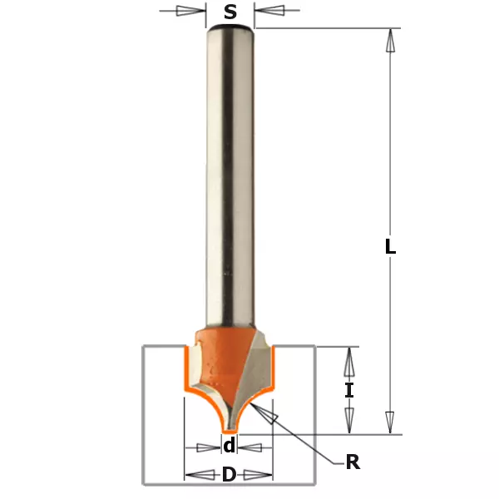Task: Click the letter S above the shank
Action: pos(230,12)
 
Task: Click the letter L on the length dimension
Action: pos(390,246)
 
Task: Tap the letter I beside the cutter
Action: pos(349,391)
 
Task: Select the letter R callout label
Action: pos(353,462)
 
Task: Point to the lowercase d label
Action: pos(230,445)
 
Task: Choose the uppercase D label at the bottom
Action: pos(229,475)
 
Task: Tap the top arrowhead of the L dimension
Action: pos(391,41)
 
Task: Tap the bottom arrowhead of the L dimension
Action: pos(390,422)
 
